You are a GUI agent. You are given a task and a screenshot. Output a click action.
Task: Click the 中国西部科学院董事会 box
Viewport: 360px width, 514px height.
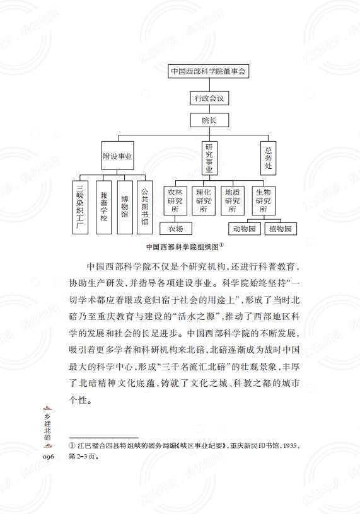pos(209,71)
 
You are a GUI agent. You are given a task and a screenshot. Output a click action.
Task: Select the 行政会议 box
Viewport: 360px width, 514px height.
pos(209,98)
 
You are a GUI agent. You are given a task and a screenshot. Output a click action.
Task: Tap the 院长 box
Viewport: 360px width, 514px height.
pos(209,120)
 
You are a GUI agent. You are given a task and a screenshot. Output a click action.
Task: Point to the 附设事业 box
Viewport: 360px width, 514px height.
pos(117,156)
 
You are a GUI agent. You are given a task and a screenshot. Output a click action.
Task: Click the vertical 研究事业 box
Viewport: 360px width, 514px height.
pos(209,158)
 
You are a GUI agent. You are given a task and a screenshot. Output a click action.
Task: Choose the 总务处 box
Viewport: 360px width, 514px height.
pos(268,158)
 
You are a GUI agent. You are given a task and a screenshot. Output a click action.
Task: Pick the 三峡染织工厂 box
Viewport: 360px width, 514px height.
pos(80,207)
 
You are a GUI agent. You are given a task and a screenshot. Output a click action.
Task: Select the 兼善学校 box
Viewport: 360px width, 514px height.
pos(103,207)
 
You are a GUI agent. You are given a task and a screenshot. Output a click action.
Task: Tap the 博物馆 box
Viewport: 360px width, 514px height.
pos(125,207)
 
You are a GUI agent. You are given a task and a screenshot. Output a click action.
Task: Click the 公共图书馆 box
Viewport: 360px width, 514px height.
pos(145,207)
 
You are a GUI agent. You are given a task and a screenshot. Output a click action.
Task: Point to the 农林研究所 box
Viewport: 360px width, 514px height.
pos(175,201)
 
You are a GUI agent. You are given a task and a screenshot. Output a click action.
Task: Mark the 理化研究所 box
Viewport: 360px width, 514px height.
pos(204,201)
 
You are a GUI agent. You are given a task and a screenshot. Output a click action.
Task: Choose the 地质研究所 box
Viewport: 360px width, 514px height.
pos(233,201)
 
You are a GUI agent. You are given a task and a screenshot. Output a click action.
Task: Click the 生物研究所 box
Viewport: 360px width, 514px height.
pos(264,201)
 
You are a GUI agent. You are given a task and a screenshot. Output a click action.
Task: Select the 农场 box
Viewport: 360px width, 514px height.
pos(176,229)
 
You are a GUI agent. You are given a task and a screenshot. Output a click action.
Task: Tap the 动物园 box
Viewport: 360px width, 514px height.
pos(245,229)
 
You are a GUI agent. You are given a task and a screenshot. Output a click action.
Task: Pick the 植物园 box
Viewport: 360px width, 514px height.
pos(281,229)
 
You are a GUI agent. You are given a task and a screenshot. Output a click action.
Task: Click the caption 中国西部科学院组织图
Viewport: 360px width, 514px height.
pos(183,247)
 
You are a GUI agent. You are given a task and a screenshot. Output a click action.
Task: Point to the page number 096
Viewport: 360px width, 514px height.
pos(49,456)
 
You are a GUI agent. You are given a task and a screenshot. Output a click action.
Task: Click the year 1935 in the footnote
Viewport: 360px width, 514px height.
pos(290,446)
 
